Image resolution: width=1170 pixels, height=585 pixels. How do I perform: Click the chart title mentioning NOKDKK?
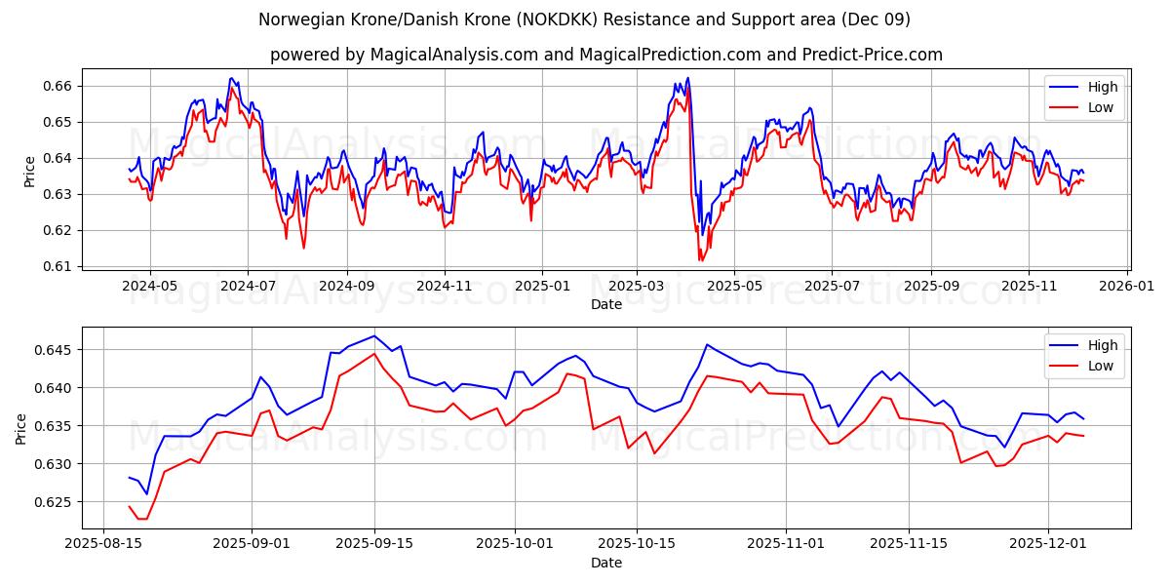click(585, 19)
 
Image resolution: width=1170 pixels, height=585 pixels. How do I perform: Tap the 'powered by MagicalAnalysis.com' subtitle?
click(605, 55)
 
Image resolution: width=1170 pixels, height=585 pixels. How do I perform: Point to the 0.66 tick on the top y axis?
click(59, 87)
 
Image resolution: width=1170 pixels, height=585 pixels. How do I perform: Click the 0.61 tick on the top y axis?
click(59, 266)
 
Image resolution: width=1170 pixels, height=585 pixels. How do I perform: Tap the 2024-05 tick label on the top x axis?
click(150, 287)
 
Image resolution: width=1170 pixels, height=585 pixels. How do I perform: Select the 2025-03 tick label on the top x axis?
click(637, 287)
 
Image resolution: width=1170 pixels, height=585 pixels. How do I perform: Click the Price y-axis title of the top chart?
click(29, 172)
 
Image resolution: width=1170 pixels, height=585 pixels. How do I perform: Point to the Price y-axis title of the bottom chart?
click(21, 428)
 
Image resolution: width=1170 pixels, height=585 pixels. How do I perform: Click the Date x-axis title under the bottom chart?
click(605, 564)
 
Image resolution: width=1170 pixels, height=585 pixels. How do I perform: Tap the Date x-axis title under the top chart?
click(605, 304)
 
